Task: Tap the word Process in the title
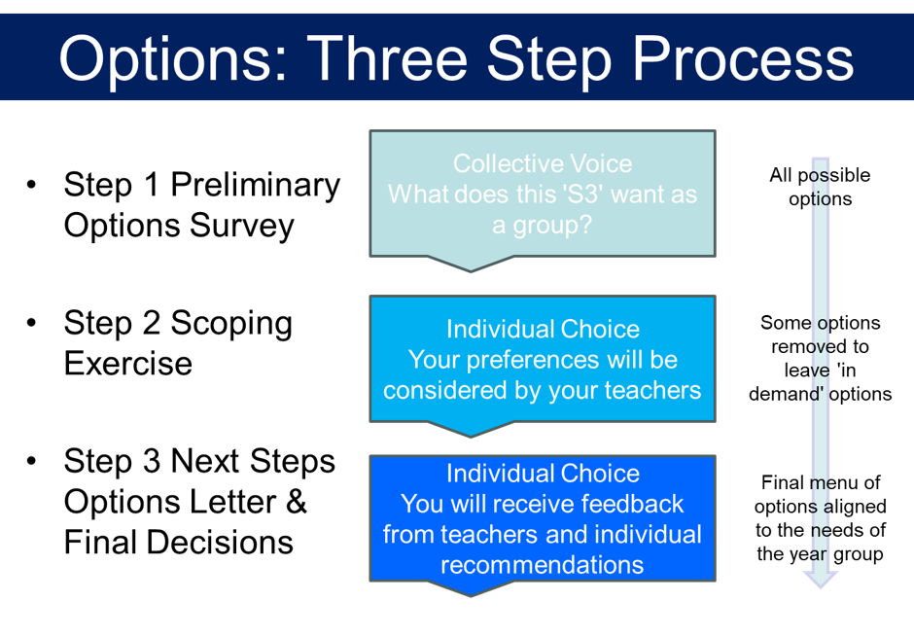743,57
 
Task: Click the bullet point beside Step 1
31,185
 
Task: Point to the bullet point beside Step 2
31,322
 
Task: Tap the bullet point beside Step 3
31,461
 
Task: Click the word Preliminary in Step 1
256,187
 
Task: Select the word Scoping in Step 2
231,325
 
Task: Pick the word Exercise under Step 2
128,364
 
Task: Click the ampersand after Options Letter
297,502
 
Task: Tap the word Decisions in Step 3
220,543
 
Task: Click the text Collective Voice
543,163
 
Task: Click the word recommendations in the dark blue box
543,565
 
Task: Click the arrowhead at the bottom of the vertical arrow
820,580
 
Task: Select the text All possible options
820,187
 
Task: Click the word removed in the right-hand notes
820,347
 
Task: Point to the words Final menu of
821,482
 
